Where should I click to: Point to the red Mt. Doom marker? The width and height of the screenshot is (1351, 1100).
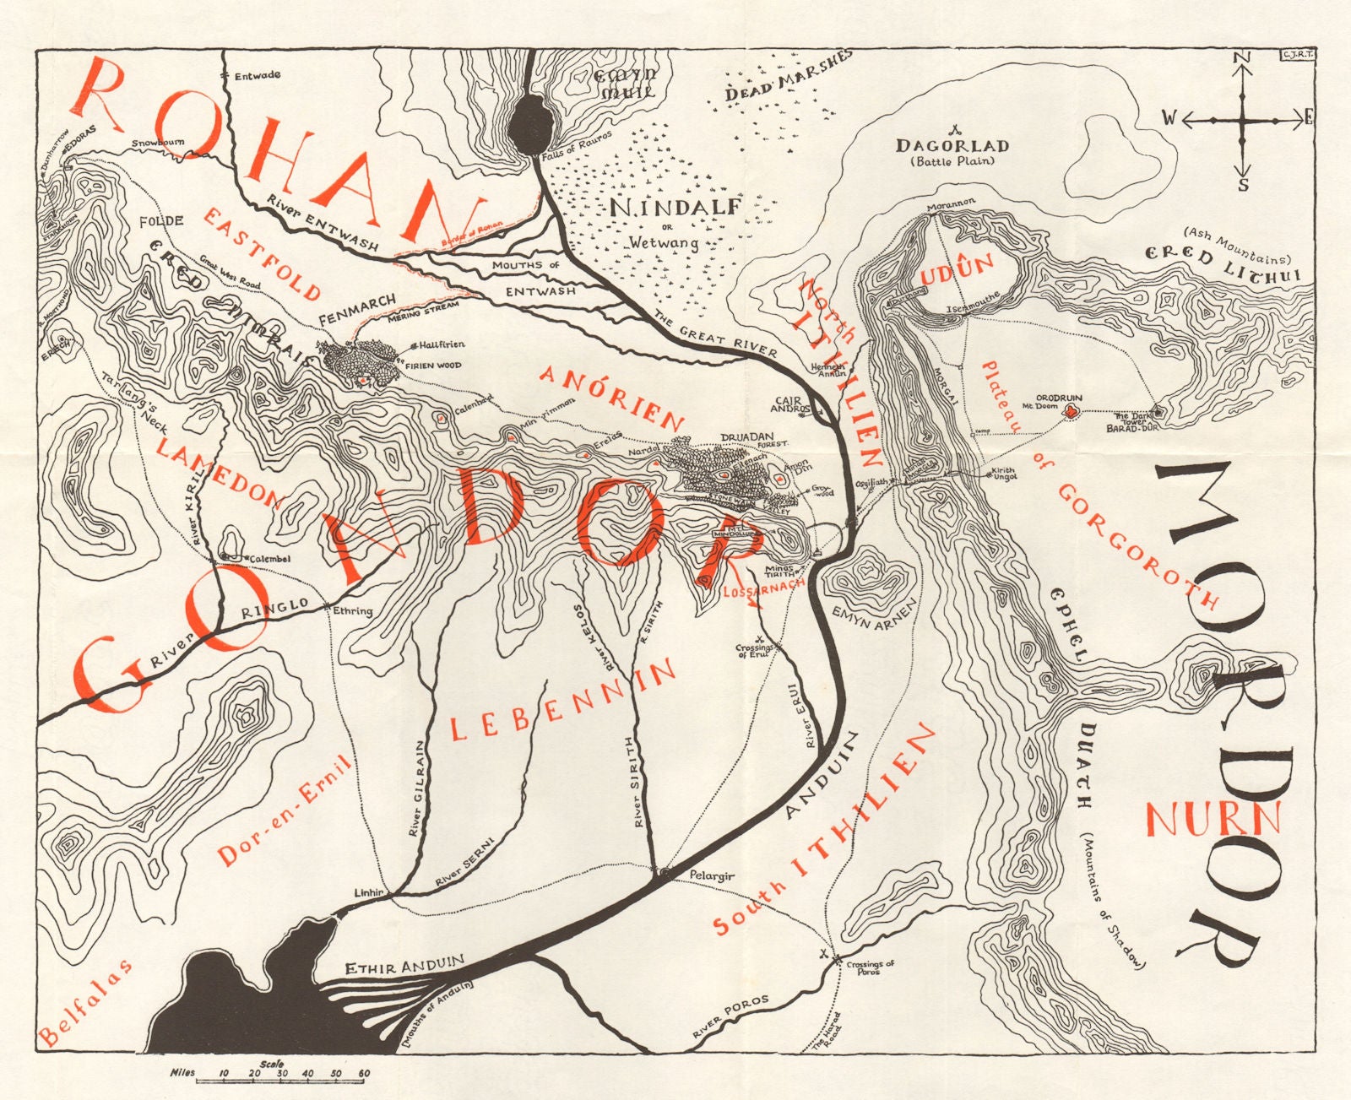tap(1072, 412)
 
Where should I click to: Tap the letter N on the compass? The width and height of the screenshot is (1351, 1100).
tap(1241, 57)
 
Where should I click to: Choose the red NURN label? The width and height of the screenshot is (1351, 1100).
tap(1213, 819)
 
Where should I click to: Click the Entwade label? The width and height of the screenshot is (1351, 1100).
tap(258, 75)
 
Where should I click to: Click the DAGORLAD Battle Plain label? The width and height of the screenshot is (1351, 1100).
tap(952, 151)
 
